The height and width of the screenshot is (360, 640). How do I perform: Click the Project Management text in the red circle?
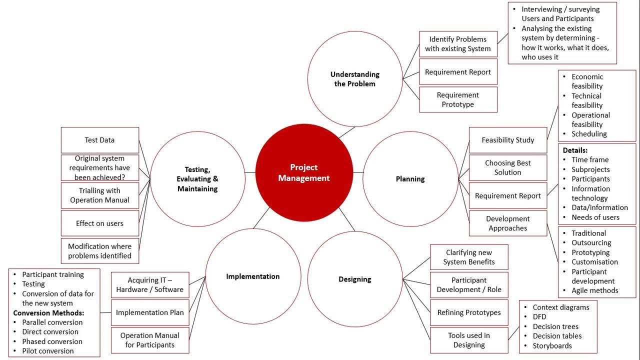[304, 172]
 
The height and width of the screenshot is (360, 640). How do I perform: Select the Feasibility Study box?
[508, 140]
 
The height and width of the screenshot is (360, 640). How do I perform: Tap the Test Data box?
[99, 140]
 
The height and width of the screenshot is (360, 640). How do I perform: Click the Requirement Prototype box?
[458, 99]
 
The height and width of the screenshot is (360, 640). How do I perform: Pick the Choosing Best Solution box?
[508, 167]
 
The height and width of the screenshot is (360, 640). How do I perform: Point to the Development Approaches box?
[508, 223]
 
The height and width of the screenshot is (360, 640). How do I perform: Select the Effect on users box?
[99, 223]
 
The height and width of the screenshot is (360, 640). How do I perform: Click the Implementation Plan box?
[149, 312]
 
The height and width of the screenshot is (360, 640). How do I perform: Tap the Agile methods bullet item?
[595, 290]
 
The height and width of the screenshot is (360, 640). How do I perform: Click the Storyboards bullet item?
[552, 345]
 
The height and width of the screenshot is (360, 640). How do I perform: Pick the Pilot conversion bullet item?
[48, 350]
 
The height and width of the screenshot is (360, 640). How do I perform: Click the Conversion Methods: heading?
[48, 312]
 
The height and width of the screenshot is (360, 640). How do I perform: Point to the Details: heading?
[575, 150]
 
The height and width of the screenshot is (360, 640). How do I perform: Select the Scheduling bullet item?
[589, 134]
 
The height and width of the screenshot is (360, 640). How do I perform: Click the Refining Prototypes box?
[469, 312]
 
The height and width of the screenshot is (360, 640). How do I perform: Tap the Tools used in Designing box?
[469, 340]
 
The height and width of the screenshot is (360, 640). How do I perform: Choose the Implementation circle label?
[253, 276]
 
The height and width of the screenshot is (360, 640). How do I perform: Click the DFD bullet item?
[539, 316]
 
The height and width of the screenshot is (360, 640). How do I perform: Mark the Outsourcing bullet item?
[591, 242]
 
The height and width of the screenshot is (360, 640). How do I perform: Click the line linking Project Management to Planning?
[358, 172]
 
